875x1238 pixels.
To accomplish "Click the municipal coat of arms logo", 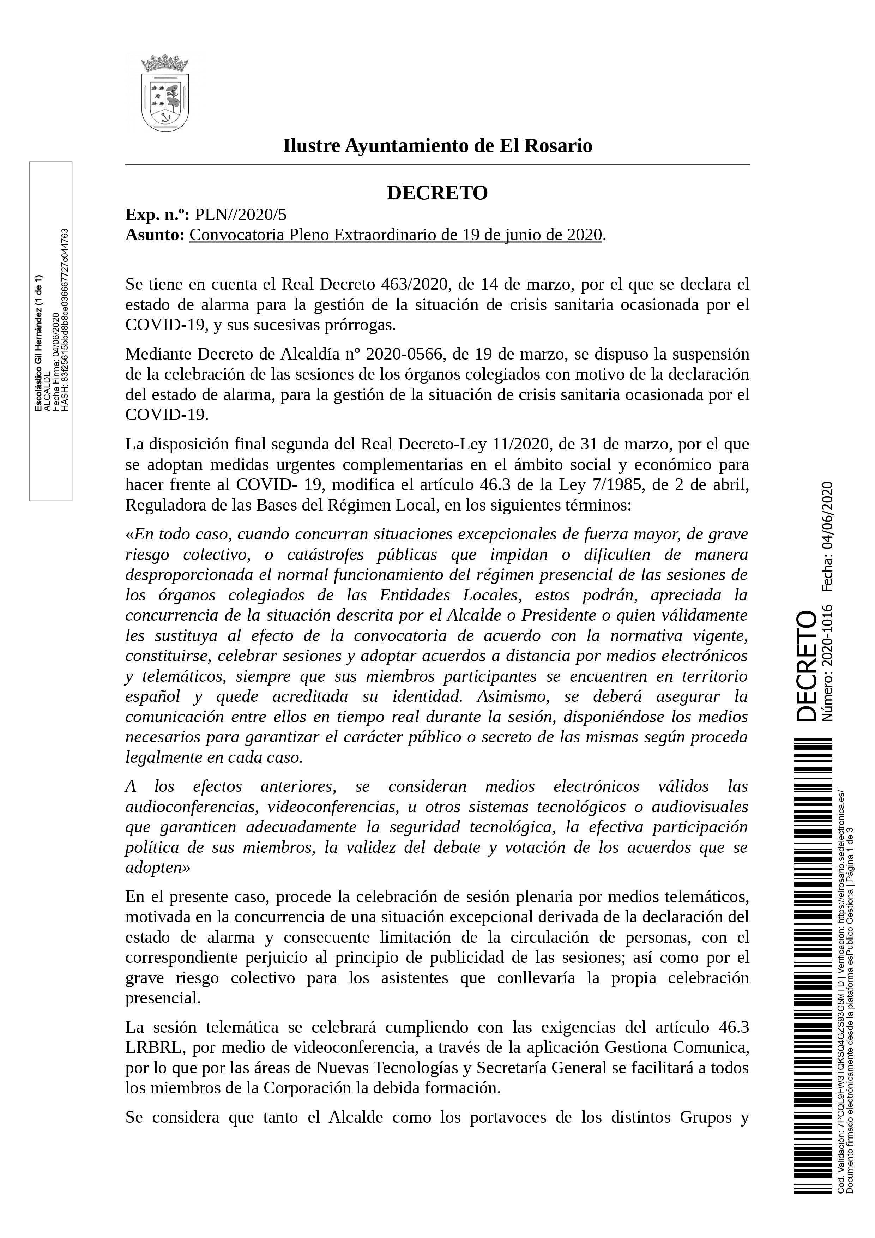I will tap(165, 93).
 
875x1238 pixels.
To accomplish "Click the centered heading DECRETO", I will tap(437, 193).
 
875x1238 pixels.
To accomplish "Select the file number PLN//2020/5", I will tap(241, 215).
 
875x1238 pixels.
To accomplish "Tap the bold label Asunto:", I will tap(155, 235).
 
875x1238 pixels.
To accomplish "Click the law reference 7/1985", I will tap(617, 485).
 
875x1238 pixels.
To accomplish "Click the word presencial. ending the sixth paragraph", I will tap(163, 998).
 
